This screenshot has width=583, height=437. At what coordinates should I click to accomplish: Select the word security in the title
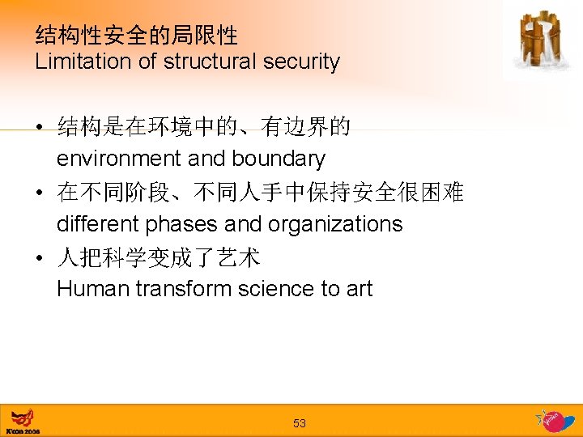(300, 62)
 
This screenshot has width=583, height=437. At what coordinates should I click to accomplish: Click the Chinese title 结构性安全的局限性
(137, 35)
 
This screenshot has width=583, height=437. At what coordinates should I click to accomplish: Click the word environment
(119, 159)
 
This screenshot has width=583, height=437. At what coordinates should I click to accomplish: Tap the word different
(95, 224)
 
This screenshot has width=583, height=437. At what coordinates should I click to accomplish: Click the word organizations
(331, 224)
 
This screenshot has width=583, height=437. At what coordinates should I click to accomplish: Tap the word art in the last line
(359, 289)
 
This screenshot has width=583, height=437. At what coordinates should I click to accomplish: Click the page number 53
(300, 423)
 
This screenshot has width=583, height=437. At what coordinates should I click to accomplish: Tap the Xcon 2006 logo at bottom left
(23, 422)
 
